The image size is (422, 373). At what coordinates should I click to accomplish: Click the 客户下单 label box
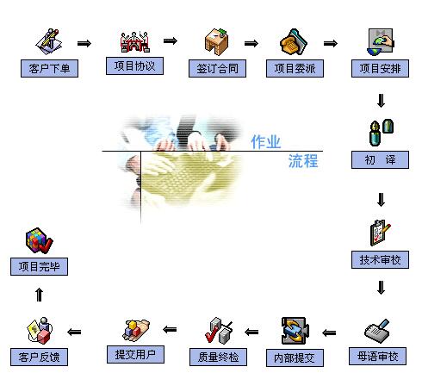pos(49,68)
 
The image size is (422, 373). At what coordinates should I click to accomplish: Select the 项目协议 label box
pos(134,65)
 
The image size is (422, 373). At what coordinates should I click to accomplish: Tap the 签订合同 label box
pos(217,68)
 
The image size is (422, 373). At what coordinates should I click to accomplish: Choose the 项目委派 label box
pos(295,68)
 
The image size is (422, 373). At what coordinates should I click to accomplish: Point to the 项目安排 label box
pos(380,68)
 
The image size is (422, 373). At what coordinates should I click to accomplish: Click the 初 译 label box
pos(380,159)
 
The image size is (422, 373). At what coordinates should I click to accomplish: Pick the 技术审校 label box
pos(380,259)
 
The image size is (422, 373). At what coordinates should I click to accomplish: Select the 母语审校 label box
pos(377,356)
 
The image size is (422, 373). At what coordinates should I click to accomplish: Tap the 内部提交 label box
pos(295,357)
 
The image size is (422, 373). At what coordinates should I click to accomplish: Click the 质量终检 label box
pos(218,357)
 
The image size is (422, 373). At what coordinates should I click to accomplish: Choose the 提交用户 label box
pos(135,354)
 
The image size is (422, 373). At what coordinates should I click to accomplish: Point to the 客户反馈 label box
pos(39,357)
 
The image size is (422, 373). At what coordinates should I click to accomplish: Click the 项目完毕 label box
pos(39,266)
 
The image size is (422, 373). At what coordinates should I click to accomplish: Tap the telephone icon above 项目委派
pos(294,42)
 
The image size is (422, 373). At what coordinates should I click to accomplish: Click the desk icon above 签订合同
pos(217,42)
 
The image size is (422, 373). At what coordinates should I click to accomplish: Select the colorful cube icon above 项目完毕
pos(39,240)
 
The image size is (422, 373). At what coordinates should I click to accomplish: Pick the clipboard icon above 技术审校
pos(380,233)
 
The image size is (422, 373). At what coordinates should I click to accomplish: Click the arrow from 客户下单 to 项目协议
pos(84,43)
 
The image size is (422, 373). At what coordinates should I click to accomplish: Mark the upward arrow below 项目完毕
pos(40,295)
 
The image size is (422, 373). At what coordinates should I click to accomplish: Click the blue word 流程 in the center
pos(303,161)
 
